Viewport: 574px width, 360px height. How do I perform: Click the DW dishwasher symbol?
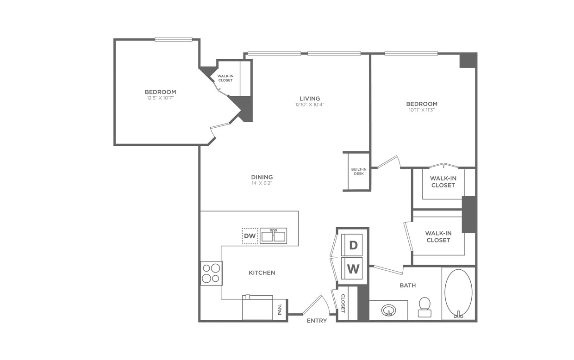[x=250, y=236]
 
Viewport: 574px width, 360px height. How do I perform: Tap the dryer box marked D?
[x=353, y=245]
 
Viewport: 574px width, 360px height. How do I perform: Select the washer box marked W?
[x=353, y=268]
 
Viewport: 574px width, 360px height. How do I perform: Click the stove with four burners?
[x=211, y=273]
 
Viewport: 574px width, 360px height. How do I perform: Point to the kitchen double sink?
[x=273, y=236]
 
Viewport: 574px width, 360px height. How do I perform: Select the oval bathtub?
[x=458, y=293]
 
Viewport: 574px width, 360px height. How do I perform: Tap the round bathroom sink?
[x=388, y=310]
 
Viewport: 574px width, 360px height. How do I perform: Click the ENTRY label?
[x=317, y=321]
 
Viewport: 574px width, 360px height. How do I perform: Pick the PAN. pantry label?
[x=280, y=310]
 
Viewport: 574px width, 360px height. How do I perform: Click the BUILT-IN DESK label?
[x=358, y=171]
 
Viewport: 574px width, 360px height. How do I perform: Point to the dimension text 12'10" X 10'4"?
[x=310, y=105]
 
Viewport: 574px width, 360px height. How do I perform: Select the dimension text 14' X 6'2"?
[x=262, y=183]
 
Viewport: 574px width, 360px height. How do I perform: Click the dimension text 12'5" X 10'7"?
[x=160, y=98]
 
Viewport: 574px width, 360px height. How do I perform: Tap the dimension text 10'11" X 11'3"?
[x=422, y=110]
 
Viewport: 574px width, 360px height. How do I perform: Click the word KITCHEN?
[x=262, y=273]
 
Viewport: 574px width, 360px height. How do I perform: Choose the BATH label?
[x=407, y=286]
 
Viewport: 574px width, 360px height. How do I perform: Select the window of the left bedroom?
[x=174, y=39]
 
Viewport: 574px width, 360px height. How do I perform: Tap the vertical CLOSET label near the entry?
[x=343, y=304]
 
